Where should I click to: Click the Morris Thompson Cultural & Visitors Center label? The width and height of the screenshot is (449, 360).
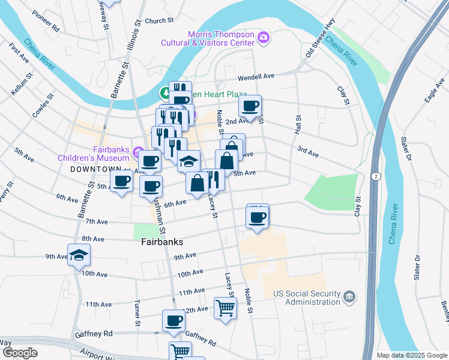pos(208,38)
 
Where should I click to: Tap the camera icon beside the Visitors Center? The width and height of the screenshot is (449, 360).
pos(263,38)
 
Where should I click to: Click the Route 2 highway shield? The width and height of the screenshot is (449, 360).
pos(376,176)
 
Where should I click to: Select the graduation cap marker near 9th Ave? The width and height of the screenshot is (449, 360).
pos(79,256)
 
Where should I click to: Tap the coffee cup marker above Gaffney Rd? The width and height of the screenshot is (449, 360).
pos(174,320)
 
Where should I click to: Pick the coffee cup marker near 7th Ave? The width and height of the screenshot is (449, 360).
pos(258,217)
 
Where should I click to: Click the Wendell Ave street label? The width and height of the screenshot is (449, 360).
pos(256,77)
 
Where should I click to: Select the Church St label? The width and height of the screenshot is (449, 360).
pos(159,20)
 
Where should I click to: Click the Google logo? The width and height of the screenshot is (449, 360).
pos(20,353)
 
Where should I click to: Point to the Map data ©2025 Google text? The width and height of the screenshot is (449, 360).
pos(411,355)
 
